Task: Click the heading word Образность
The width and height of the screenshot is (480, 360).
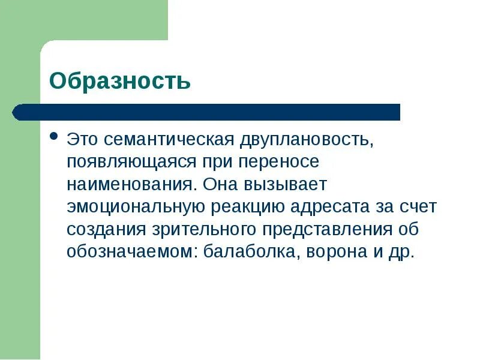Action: (x=119, y=80)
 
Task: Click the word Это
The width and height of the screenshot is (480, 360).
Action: (x=82, y=139)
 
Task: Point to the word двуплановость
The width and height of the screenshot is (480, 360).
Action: (x=307, y=140)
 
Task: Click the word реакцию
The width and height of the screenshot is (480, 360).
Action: (x=248, y=207)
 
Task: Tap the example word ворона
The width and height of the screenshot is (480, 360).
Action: (x=334, y=251)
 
